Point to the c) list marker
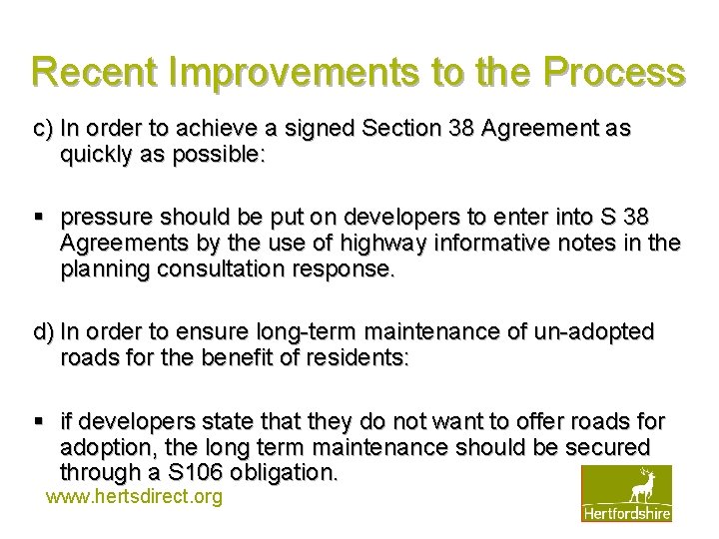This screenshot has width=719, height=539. point(43,129)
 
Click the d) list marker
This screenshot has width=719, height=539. point(44,331)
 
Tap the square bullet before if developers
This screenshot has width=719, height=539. point(39,421)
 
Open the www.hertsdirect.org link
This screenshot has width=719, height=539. point(134,496)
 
